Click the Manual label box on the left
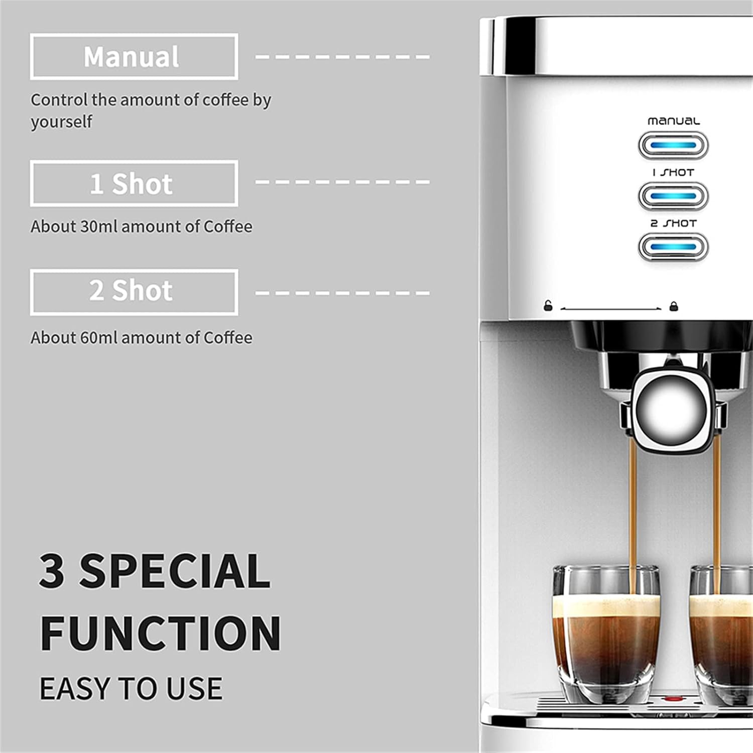[x=134, y=57]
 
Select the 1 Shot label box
[x=134, y=184]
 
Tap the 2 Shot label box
[x=134, y=292]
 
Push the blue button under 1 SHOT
[x=673, y=196]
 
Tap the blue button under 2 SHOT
[x=673, y=247]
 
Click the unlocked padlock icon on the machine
[x=548, y=306]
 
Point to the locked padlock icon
[x=674, y=306]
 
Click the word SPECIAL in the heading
[x=175, y=571]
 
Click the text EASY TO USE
[x=131, y=688]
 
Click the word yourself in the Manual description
[x=62, y=122]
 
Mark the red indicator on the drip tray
[x=672, y=698]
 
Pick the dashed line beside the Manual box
[x=342, y=57]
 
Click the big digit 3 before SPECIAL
[x=52, y=571]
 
